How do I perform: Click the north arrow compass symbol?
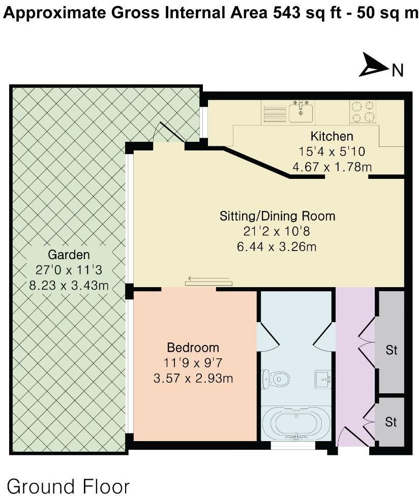(374, 66)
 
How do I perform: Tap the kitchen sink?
(301, 111)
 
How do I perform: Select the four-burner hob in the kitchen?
(363, 112)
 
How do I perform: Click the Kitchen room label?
(332, 136)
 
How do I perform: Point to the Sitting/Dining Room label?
(277, 216)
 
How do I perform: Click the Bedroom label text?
(193, 348)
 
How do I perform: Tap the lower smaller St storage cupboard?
(390, 422)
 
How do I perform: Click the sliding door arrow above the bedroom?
(208, 278)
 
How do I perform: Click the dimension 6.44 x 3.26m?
(277, 247)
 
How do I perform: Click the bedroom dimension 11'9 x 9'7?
(193, 363)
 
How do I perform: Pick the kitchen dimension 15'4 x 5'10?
(332, 151)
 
